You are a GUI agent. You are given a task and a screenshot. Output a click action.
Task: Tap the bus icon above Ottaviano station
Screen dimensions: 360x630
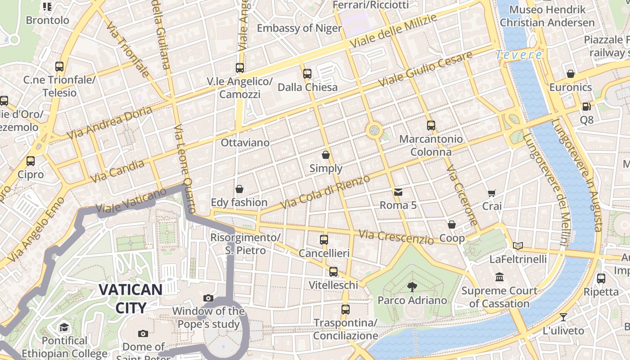point(240,68)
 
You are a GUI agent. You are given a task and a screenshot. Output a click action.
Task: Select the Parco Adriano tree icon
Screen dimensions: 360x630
point(412,287)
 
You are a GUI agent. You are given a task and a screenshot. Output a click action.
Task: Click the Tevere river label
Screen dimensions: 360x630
point(518,55)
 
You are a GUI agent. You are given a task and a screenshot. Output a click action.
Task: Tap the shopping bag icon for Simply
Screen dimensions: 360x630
point(326,155)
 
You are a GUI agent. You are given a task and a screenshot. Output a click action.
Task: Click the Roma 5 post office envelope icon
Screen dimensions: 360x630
point(398,192)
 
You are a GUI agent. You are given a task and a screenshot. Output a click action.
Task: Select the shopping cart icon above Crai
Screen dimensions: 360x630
point(492,193)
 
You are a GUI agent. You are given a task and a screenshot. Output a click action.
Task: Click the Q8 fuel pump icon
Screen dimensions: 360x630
point(586,107)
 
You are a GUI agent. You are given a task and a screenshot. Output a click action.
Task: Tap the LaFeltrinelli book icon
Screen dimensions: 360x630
point(518,246)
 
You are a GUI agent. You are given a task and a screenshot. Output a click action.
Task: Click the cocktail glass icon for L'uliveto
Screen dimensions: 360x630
point(563,317)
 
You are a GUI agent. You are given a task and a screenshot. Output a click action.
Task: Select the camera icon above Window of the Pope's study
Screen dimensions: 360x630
point(208,298)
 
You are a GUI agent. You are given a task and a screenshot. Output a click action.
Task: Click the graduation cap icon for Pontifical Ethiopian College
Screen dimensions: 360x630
point(64,327)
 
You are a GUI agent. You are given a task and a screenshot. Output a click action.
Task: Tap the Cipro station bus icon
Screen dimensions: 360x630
point(31,161)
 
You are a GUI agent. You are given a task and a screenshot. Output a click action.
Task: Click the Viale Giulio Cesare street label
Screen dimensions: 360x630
point(425,69)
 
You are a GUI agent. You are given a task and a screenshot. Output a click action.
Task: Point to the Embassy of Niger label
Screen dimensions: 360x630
point(299,28)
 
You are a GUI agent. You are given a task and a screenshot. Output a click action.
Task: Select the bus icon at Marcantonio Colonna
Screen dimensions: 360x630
point(431,126)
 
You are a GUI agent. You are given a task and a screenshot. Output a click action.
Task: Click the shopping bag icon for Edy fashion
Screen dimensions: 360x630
point(239,189)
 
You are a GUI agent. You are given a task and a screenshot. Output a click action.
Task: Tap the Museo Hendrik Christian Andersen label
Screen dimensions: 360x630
point(547,16)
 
